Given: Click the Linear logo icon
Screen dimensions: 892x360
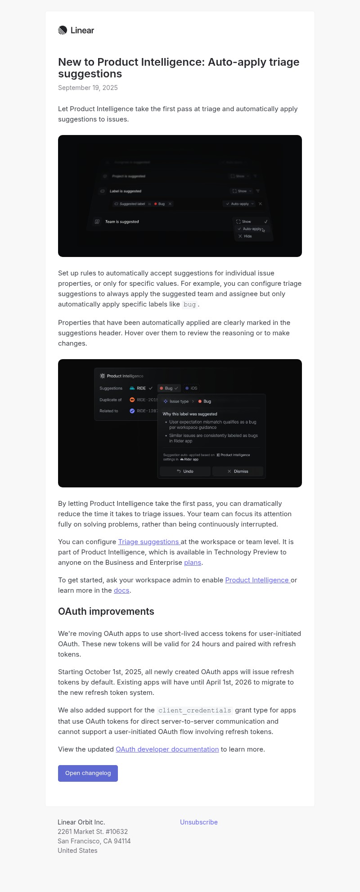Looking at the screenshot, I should [63, 30].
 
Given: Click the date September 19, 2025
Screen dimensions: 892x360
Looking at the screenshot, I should [88, 88].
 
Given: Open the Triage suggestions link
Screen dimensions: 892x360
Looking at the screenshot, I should [148, 542].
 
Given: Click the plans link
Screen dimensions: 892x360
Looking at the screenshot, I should [193, 563].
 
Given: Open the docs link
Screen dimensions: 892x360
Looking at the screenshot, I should [121, 590].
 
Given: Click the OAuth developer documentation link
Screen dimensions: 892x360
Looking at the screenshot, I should [167, 749].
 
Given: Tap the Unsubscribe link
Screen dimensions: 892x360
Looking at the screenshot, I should [199, 822].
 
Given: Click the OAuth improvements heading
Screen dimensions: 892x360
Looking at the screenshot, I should [106, 611].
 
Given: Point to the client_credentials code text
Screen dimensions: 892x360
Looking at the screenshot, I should [195, 711].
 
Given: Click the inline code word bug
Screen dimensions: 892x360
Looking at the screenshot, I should [189, 305].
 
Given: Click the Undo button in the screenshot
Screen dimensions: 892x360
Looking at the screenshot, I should [185, 471].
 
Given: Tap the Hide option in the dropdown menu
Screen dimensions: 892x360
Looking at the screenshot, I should [247, 236].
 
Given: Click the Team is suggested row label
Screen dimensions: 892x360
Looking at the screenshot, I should [122, 222].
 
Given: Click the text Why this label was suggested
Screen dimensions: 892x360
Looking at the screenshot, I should [190, 414].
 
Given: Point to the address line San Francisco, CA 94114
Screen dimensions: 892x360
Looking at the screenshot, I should [94, 841].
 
